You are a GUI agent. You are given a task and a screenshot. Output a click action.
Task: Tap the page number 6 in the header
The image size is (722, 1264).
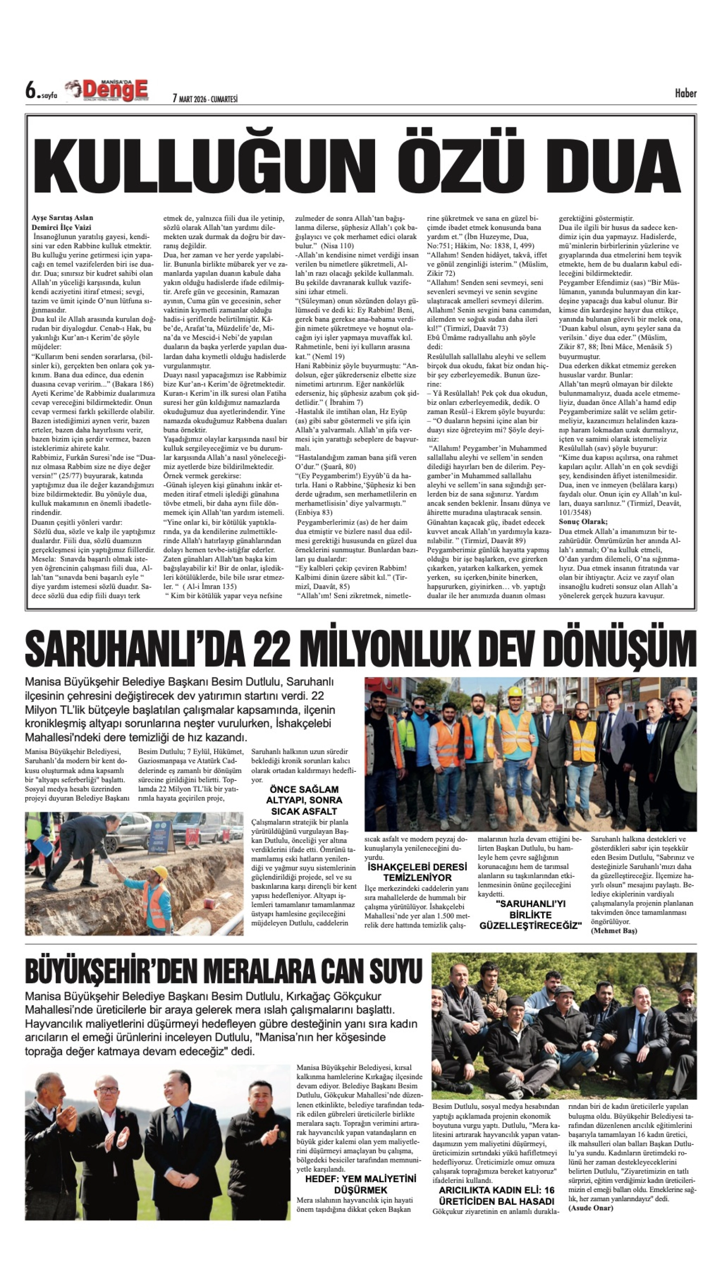pyautogui.click(x=31, y=91)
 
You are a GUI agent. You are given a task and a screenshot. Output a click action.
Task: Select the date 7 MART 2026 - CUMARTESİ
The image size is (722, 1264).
pyautogui.click(x=205, y=99)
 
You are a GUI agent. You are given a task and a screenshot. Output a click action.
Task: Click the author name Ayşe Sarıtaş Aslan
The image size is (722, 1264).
pyautogui.click(x=62, y=217)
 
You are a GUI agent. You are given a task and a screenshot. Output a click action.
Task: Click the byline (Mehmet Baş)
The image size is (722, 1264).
pyautogui.click(x=614, y=931)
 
